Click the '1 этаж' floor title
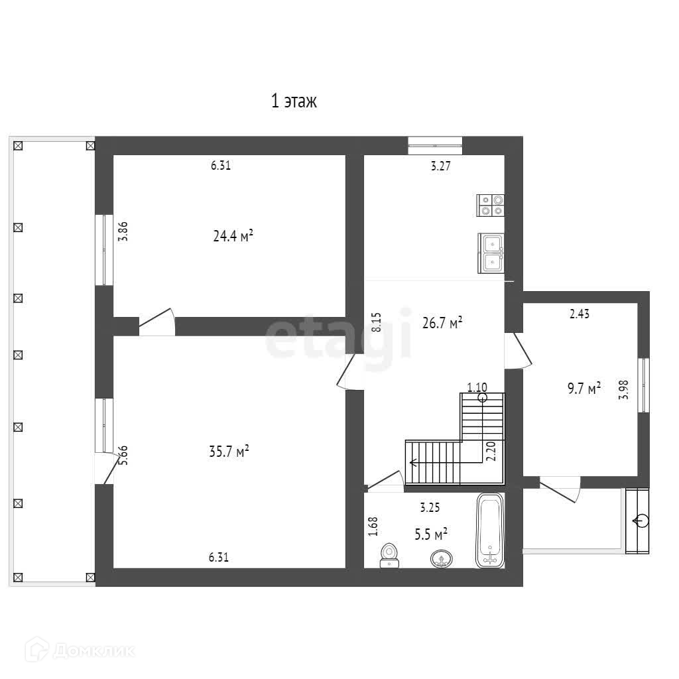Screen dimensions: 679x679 (294, 101)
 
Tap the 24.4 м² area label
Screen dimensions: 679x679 (233, 236)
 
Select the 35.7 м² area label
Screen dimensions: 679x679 (229, 452)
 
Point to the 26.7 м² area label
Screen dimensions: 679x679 (442, 323)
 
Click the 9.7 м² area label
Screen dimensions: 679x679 (584, 389)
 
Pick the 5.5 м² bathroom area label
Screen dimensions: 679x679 (431, 534)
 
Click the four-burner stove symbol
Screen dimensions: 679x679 (491, 206)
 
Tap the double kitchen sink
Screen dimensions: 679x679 (491, 253)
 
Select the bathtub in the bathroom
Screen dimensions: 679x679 (490, 531)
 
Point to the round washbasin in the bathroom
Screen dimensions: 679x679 (442, 559)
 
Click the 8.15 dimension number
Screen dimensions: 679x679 (377, 322)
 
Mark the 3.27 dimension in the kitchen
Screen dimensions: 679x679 (441, 166)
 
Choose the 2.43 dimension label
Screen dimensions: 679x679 (580, 314)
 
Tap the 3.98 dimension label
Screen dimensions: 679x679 (623, 390)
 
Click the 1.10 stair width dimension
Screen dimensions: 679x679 (477, 387)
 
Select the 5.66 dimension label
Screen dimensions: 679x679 (124, 456)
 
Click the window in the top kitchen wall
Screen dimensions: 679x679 (435, 145)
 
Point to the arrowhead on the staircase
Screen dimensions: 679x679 (413, 462)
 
